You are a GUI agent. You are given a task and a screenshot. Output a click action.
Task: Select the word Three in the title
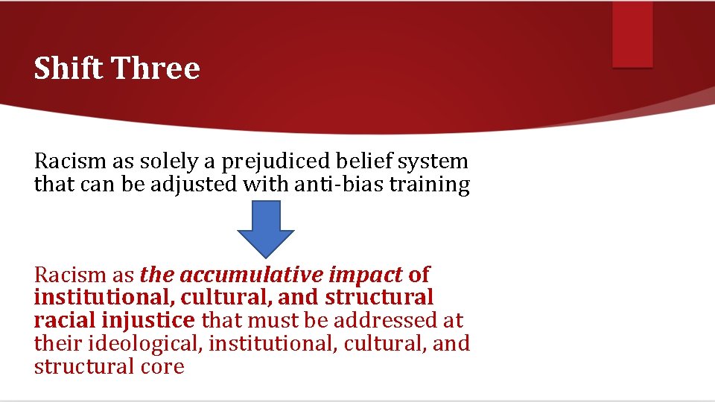click(x=156, y=68)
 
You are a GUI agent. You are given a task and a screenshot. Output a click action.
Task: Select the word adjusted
click(x=194, y=185)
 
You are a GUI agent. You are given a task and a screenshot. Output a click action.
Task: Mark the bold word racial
click(x=63, y=321)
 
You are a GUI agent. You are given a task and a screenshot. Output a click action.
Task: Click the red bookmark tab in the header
click(x=632, y=33)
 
